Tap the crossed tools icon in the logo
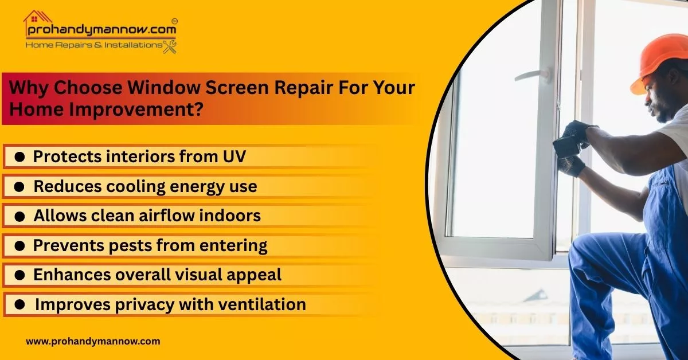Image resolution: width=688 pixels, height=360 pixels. (x=170, y=46)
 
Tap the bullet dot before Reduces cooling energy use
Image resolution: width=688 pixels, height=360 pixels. (x=19, y=187)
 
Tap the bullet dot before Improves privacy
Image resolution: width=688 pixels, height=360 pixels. (x=19, y=305)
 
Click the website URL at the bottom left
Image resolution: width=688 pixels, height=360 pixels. (x=93, y=341)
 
